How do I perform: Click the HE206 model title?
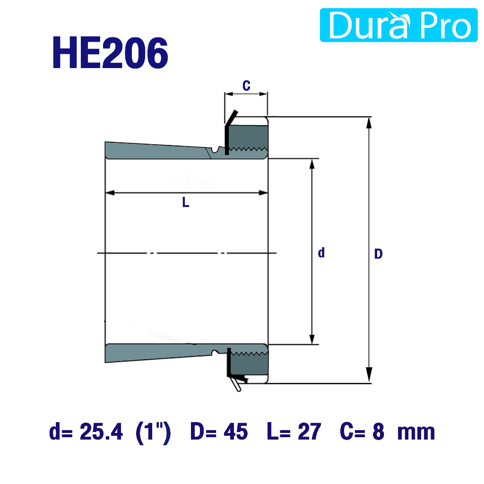[111, 52]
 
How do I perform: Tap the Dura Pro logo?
[398, 25]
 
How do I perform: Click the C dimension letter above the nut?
[246, 86]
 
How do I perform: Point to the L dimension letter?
[185, 202]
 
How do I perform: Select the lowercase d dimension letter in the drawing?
[321, 252]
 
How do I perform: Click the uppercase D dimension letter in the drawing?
[379, 254]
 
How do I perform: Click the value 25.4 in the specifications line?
[101, 432]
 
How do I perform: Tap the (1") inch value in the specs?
[153, 433]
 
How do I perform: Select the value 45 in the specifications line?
[235, 432]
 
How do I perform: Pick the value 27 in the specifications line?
[309, 432]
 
